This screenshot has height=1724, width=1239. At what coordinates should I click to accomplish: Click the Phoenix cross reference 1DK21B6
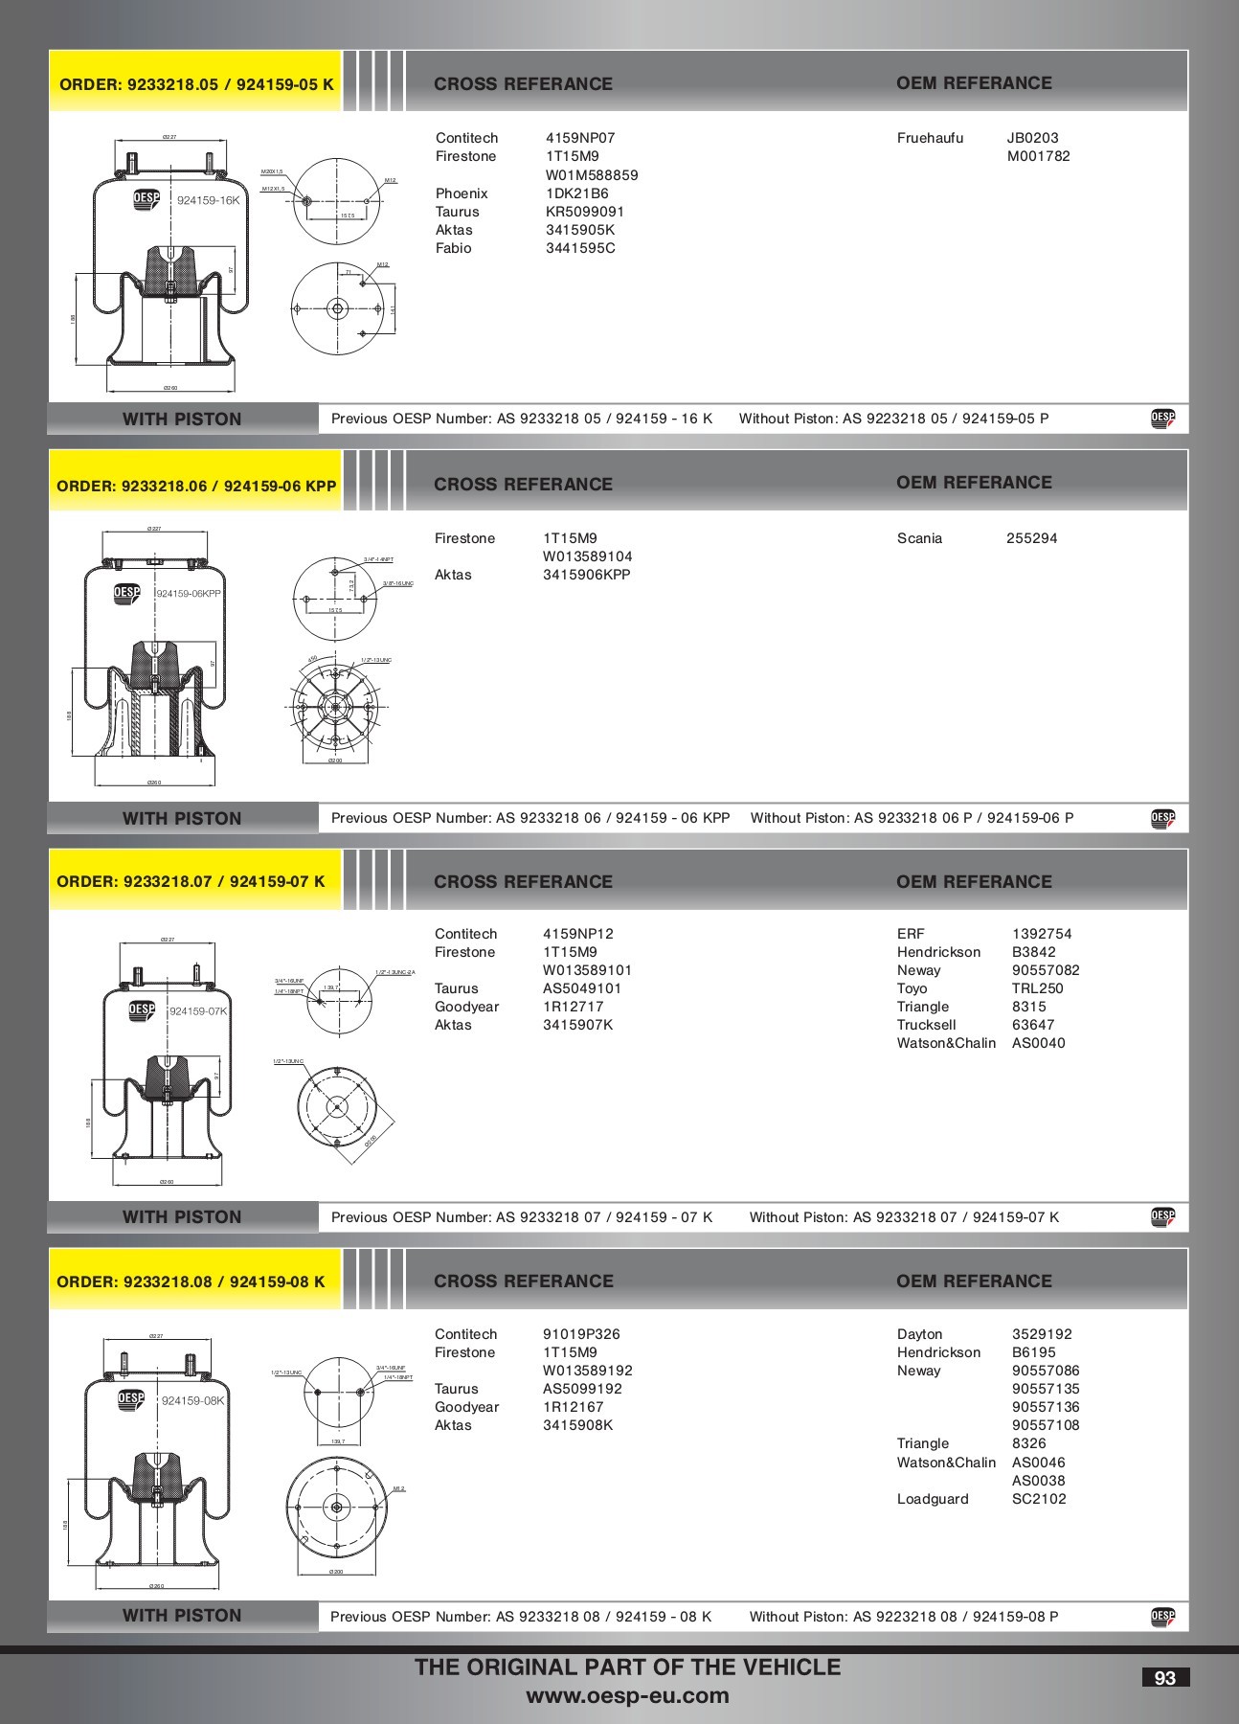[x=576, y=193]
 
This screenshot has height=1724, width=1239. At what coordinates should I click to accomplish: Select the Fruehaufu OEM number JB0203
[x=1032, y=138]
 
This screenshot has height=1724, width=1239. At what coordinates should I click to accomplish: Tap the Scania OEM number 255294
[x=1031, y=538]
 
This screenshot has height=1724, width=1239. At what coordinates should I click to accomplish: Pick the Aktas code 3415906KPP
[x=586, y=575]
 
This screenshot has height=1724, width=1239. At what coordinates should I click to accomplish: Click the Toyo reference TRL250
[x=1037, y=988]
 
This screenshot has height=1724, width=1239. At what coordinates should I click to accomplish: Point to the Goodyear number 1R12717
[x=573, y=1007]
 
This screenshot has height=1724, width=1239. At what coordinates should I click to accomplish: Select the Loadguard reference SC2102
[x=1038, y=1499]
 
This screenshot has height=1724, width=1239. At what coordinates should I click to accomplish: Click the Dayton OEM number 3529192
[x=1042, y=1334]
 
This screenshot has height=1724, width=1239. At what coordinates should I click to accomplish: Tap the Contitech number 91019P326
[x=581, y=1334]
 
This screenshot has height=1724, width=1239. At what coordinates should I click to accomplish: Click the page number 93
[x=1164, y=1678]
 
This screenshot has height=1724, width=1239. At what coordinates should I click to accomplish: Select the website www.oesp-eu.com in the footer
[x=627, y=1696]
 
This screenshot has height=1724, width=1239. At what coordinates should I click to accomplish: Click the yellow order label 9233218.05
[x=196, y=84]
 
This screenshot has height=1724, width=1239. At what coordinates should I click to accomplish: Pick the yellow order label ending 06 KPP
[x=196, y=486]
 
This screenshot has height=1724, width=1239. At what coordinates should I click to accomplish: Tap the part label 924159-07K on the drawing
[x=197, y=1011]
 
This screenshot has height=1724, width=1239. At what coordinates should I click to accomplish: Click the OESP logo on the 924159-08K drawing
[x=131, y=1399]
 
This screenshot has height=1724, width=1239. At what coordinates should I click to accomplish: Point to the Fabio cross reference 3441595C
[x=580, y=248]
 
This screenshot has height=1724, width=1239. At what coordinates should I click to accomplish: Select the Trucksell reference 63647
[x=1032, y=1025]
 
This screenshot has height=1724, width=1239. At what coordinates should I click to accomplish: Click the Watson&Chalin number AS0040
[x=1038, y=1043]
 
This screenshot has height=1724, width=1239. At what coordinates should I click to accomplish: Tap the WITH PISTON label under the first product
[x=182, y=419]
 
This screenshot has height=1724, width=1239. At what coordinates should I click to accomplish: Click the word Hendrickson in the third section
[x=938, y=952]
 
